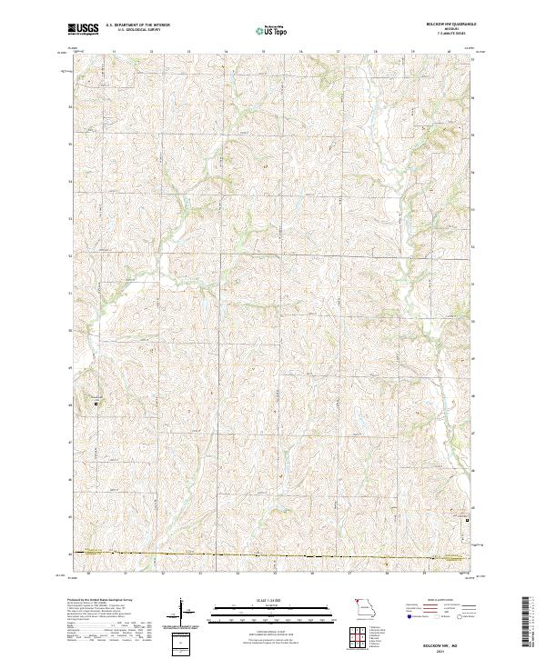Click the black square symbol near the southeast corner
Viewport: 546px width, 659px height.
468,521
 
